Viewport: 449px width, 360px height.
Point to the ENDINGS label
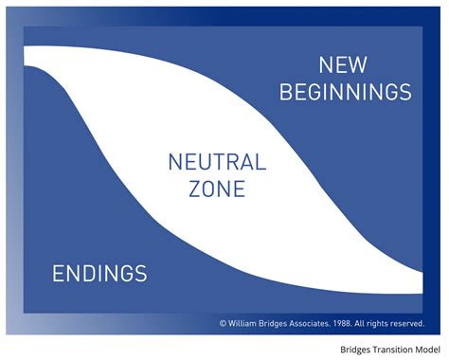pyautogui.click(x=99, y=275)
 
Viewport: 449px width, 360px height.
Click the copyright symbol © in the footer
pyautogui.click(x=224, y=323)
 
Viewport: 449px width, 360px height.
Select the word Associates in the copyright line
pyautogui.click(x=314, y=323)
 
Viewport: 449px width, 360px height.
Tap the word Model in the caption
pyautogui.click(x=428, y=350)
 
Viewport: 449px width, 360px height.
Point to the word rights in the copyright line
pyautogui.click(x=382, y=323)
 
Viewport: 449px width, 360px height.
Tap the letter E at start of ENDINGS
pyautogui.click(x=56, y=275)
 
